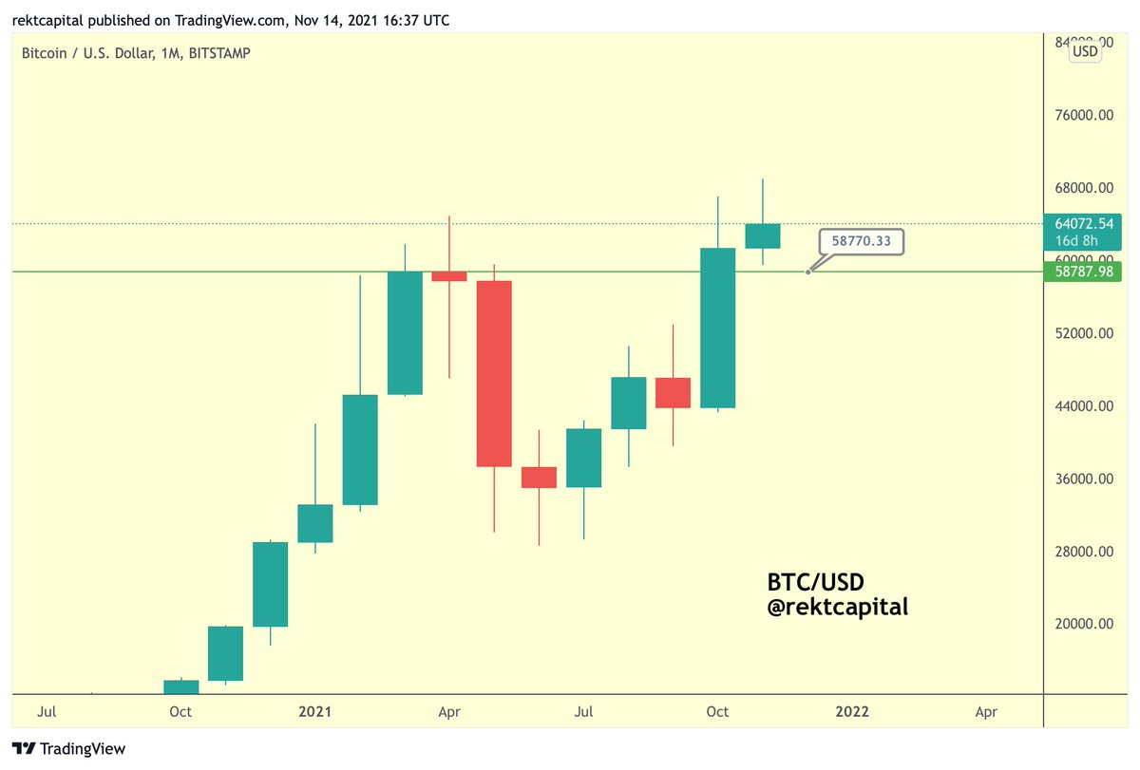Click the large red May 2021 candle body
click(x=493, y=373)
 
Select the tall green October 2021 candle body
click(x=717, y=328)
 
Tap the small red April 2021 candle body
click(x=448, y=276)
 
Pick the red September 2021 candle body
click(x=673, y=392)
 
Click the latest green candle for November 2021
click(x=762, y=236)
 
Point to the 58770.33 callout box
click(x=861, y=242)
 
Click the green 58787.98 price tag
click(x=1076, y=272)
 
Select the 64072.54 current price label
click(x=1076, y=224)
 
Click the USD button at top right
click(x=1085, y=52)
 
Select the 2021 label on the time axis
click(x=314, y=711)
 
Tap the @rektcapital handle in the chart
click(x=837, y=606)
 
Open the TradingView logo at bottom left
click(x=68, y=749)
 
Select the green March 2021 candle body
click(x=405, y=332)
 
